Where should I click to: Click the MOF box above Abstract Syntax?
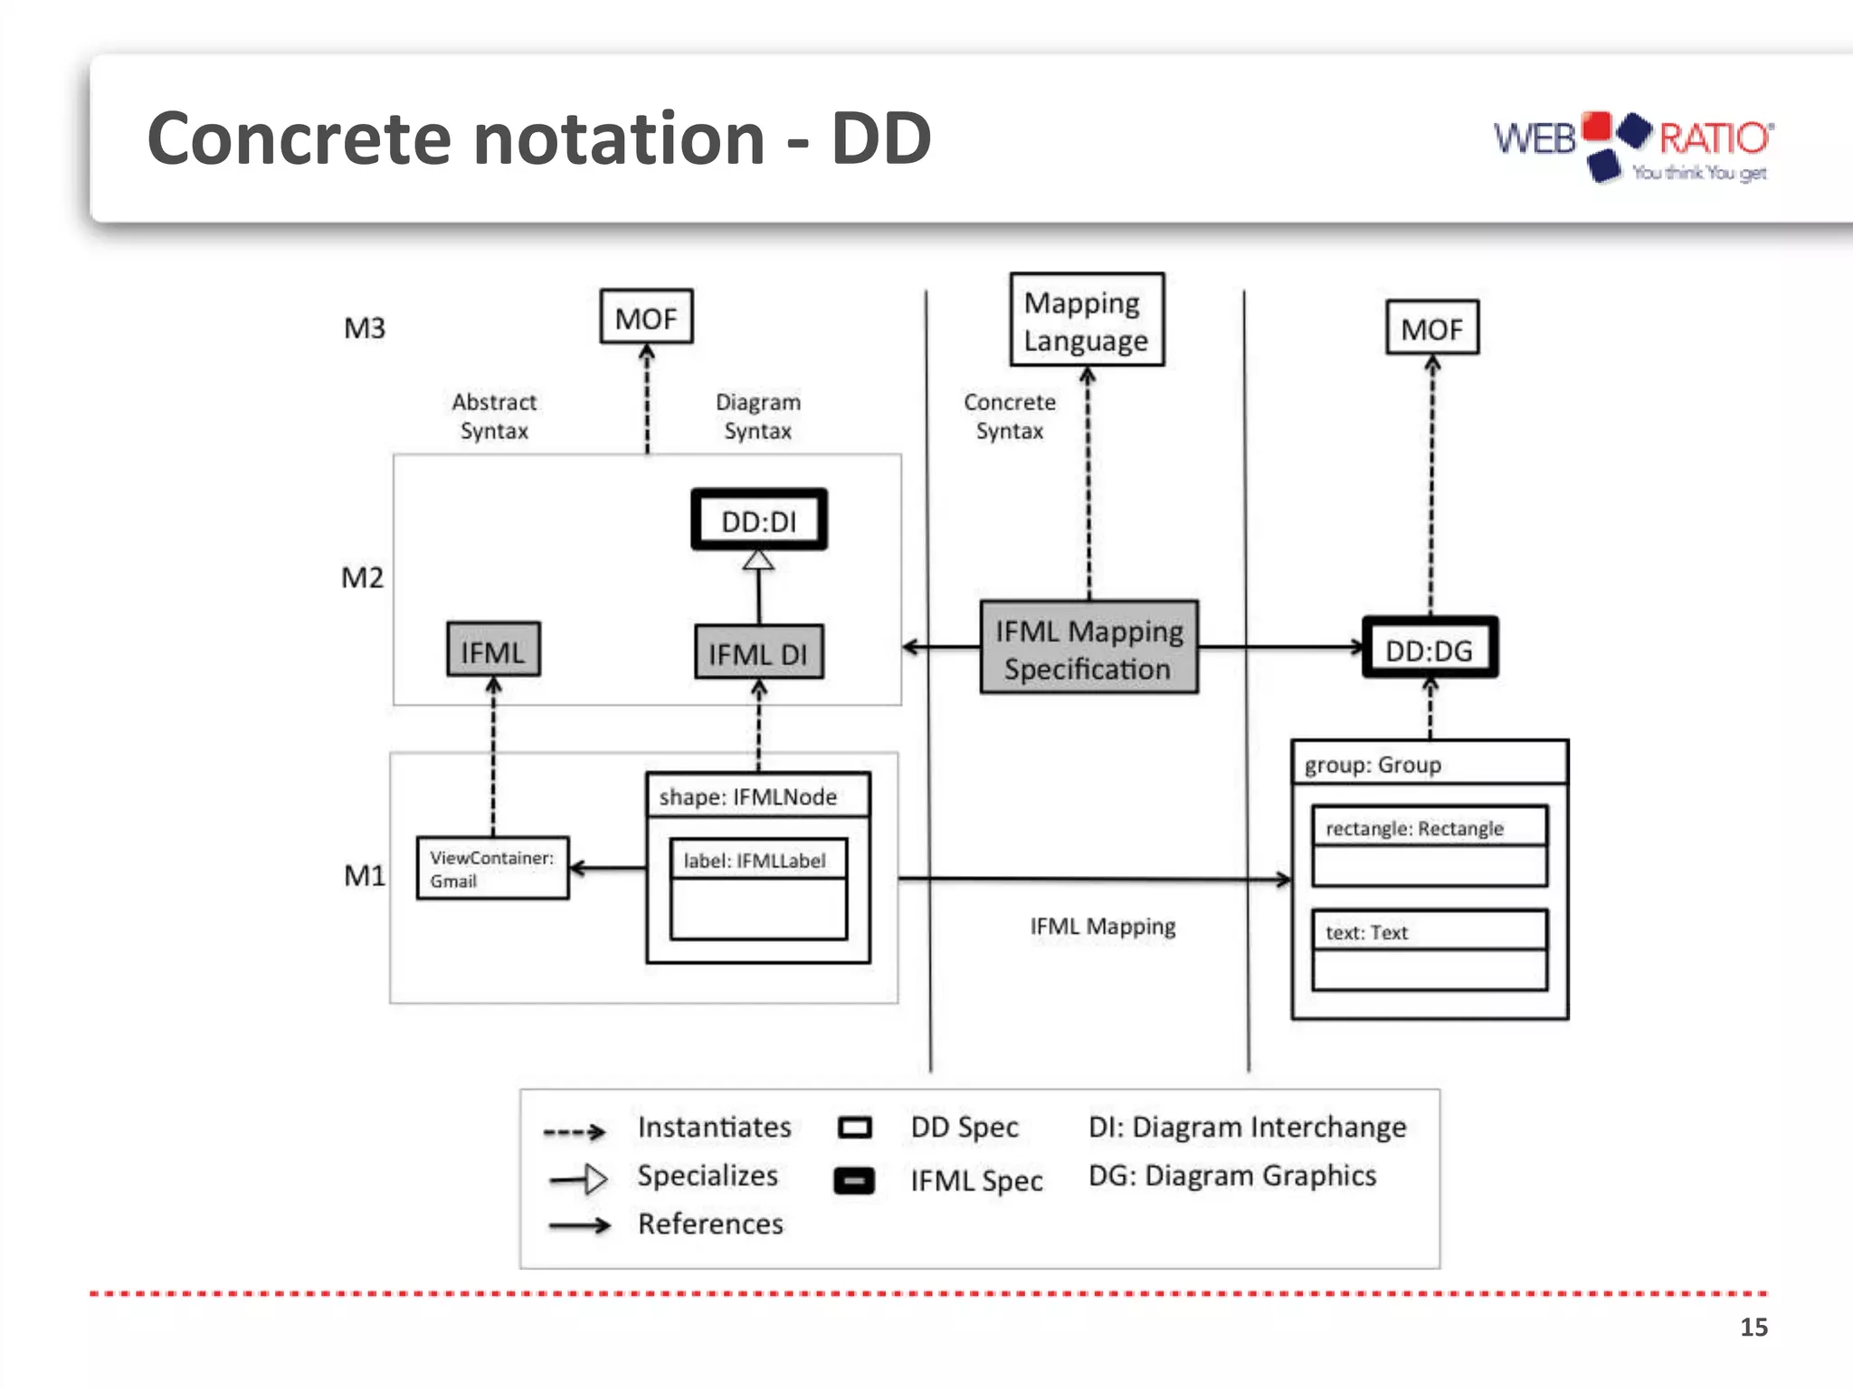[646, 317]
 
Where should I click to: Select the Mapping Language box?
[1087, 320]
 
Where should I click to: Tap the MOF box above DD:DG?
[1431, 328]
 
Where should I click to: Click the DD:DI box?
[759, 520]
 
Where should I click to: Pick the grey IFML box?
[493, 650]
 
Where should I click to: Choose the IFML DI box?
[758, 652]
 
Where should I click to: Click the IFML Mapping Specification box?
[1088, 648]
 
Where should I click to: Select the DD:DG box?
[1430, 648]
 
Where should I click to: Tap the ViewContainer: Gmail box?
[492, 868]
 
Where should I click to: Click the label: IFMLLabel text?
[754, 861]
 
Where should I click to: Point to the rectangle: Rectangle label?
[1413, 828]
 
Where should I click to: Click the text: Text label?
[1366, 932]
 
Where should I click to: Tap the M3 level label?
[365, 328]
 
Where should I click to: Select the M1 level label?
[365, 875]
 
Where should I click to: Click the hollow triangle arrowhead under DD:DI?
[758, 561]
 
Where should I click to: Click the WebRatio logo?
[1632, 147]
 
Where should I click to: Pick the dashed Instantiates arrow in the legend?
[574, 1131]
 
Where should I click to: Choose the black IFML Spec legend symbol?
[853, 1181]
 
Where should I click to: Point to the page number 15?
[1753, 1327]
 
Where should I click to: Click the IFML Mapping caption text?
[1102, 927]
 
